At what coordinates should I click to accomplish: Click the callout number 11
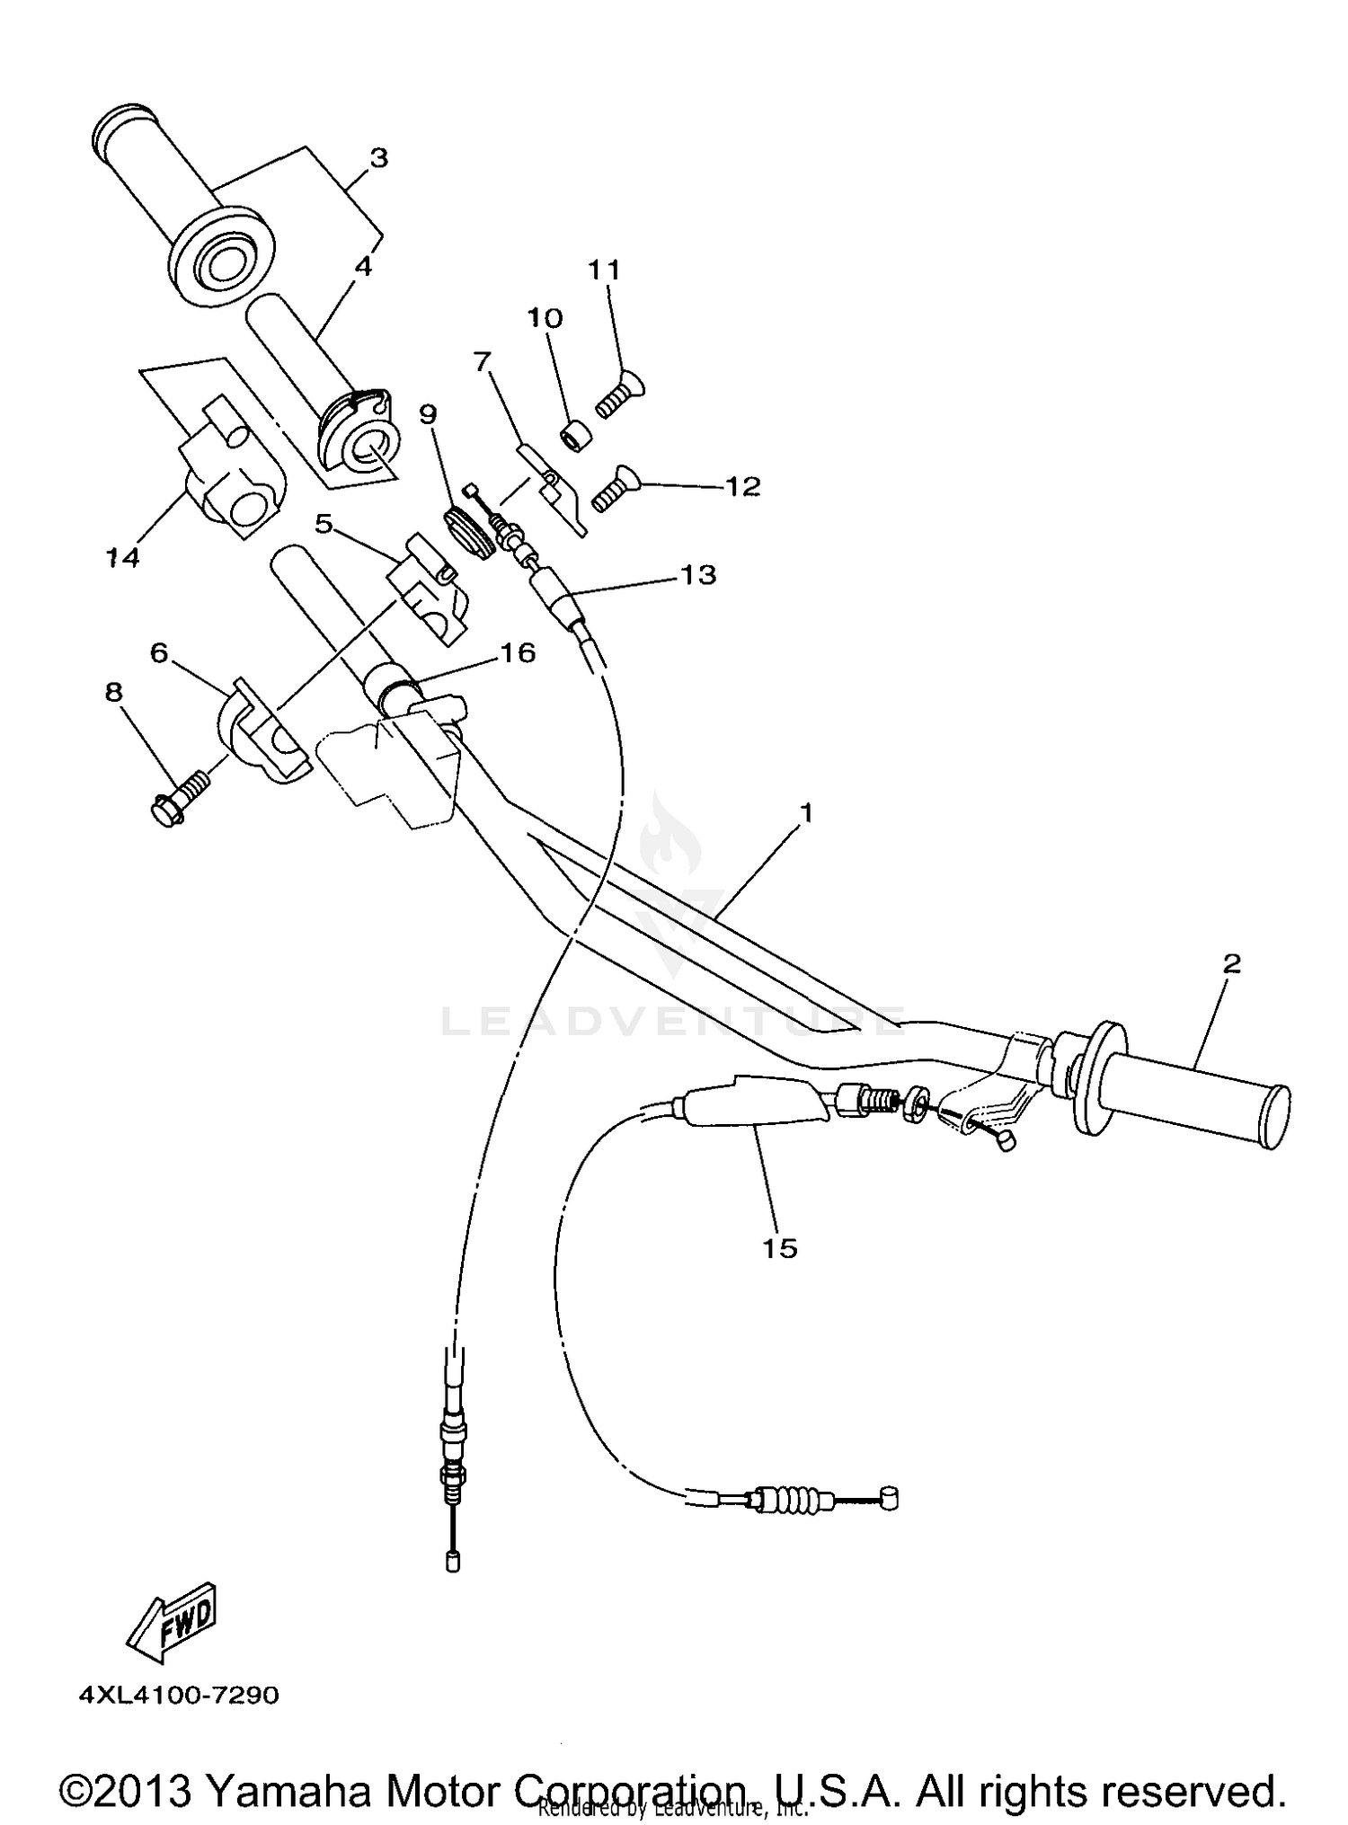pos(604,269)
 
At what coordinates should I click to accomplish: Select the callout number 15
pos(779,1247)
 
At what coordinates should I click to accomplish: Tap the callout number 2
pos(1231,963)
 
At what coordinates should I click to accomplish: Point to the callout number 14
pos(122,558)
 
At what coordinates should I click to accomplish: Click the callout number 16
pos(517,652)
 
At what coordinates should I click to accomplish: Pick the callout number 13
pos(698,574)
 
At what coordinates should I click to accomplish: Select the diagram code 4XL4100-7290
pos(179,1696)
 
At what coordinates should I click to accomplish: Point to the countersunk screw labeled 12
pos(614,489)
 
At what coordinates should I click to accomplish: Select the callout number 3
pos(378,158)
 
